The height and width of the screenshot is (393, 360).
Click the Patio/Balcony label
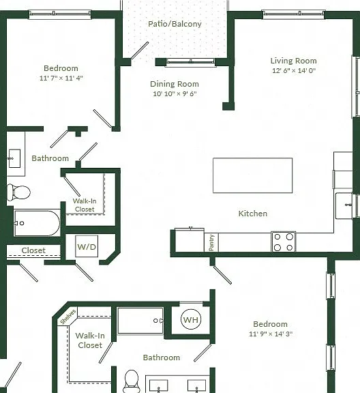coord(175,24)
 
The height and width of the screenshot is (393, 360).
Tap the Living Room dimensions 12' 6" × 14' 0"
coord(294,70)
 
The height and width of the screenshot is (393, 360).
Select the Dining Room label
coord(175,84)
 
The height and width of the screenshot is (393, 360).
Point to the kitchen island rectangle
coord(252,175)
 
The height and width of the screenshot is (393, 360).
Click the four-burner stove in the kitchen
coord(284,242)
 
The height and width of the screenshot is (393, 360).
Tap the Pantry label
coord(211,242)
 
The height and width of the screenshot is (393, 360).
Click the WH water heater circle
coord(191,319)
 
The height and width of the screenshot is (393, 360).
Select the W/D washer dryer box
coord(87,246)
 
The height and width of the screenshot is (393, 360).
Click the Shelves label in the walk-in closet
coord(68,317)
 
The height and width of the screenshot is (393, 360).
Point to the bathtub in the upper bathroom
coord(37,223)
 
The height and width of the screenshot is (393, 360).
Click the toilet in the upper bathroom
coord(18,192)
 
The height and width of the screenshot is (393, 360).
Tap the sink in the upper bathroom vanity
coord(14,158)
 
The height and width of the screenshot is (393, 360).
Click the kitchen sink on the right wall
coord(344,205)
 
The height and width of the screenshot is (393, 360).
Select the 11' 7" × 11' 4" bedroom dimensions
coord(61,78)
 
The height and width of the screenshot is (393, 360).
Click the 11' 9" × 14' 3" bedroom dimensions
coord(271,334)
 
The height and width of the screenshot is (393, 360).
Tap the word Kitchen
coord(252,214)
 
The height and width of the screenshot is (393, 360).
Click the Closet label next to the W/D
coord(33,250)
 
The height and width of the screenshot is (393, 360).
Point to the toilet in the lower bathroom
coord(132,381)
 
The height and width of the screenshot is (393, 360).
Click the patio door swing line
coord(140,50)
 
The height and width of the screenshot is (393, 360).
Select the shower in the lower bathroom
coord(140,321)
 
